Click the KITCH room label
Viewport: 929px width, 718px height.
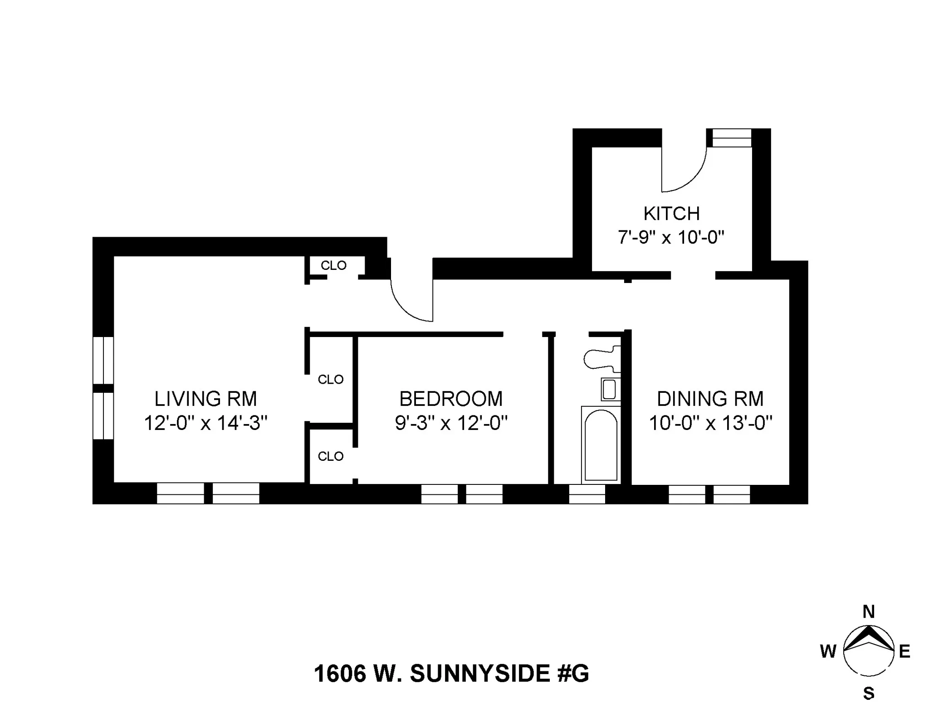coord(671,214)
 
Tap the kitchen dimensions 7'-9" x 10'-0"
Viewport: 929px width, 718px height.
coord(671,237)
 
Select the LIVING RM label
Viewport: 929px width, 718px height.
coord(205,399)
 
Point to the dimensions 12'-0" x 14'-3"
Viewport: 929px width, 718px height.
coord(205,423)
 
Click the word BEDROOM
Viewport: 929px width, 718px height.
coord(451,399)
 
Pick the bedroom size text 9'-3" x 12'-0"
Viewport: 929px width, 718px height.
coord(451,423)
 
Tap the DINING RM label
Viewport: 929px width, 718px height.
coord(710,399)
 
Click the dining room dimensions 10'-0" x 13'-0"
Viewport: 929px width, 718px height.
coord(710,423)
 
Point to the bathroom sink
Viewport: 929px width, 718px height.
coord(609,389)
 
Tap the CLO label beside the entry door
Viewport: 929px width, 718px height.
coord(333,265)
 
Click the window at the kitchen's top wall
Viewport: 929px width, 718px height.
coord(731,138)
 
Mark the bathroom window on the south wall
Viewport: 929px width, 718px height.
coord(587,494)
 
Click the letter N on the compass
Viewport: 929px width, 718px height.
coord(868,612)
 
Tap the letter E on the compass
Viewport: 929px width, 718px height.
coord(904,652)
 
